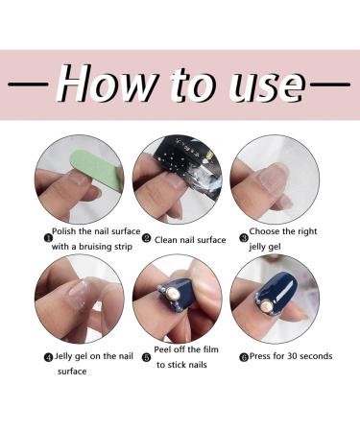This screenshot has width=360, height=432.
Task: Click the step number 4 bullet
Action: click(48, 357)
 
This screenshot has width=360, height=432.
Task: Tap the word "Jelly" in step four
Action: click(67, 356)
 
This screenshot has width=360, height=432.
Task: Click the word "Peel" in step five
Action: click(165, 350)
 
